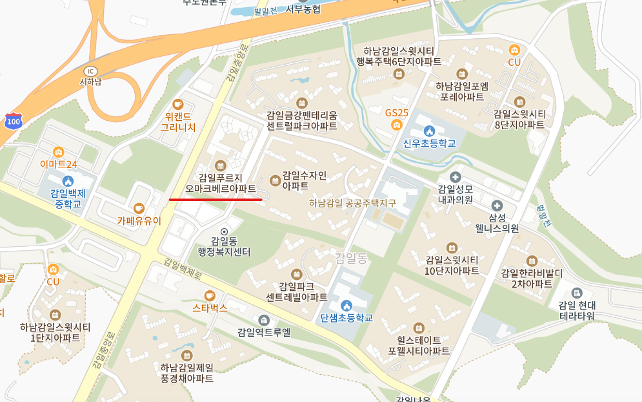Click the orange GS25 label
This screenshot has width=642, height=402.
coord(397,112)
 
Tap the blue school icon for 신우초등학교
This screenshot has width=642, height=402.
coord(429,131)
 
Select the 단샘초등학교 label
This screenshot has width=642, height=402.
coord(346,318)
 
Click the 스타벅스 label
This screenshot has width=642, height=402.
coord(210,308)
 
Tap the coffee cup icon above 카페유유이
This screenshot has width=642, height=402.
coord(139,208)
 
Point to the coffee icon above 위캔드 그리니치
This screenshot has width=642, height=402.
coord(178,104)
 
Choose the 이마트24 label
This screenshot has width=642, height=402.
coord(59,164)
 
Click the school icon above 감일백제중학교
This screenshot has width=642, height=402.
coord(68,181)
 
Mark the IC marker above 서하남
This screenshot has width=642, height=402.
coord(90,70)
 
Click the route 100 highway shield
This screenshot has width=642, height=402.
coord(12,121)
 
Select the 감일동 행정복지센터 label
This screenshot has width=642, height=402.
coord(224,246)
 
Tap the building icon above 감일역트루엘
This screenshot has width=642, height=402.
coord(263,320)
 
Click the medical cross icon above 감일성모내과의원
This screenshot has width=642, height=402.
coord(455,176)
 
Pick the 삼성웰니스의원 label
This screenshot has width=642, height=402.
coord(497,222)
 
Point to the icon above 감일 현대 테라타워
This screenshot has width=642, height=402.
coord(577,293)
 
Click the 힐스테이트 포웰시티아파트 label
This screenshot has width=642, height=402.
coord(419,345)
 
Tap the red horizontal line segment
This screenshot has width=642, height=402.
coord(216,200)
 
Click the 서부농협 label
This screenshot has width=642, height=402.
coord(303,9)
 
